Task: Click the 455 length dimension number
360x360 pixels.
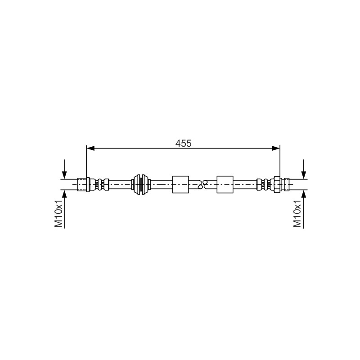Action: (183, 144)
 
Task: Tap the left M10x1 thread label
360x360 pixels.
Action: (59, 213)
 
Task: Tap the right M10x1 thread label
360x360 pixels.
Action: (297, 213)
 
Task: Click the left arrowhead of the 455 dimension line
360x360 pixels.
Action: (90, 148)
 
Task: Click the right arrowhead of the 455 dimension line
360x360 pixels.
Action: (276, 148)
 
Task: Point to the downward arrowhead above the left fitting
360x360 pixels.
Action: (64, 175)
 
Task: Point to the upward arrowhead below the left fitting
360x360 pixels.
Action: (64, 194)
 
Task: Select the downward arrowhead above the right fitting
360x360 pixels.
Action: (304, 175)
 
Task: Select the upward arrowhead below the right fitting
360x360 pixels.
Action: (304, 194)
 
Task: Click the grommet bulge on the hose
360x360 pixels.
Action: (141, 184)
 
